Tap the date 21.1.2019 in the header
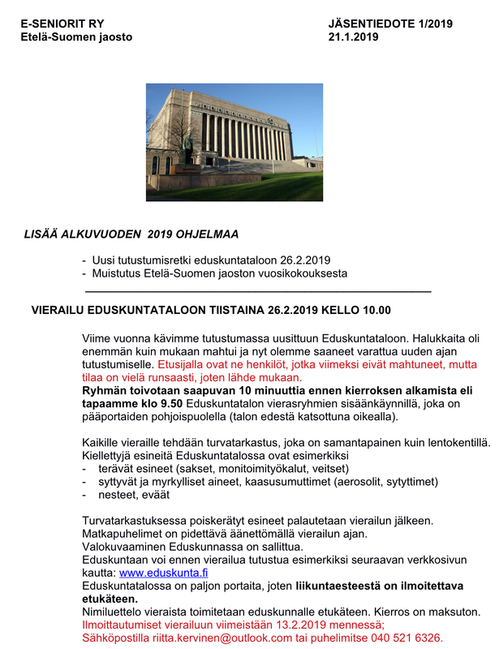pyautogui.click(x=355, y=37)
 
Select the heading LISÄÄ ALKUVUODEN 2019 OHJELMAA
pyautogui.click(x=131, y=235)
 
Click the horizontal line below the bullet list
pyautogui.click(x=257, y=290)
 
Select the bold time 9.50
pyautogui.click(x=174, y=403)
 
